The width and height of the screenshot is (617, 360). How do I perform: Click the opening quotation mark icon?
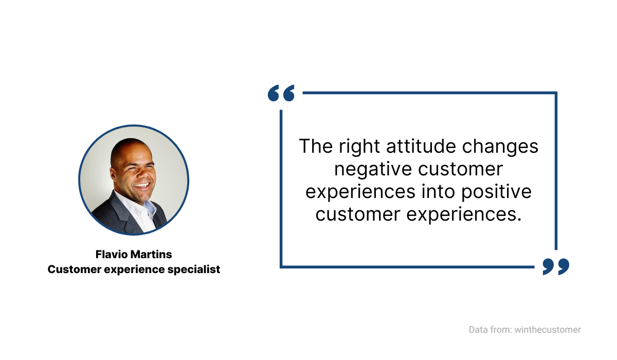[x=281, y=93]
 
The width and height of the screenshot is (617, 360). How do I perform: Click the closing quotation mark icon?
[x=556, y=266]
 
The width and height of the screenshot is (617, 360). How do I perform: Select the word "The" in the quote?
[x=316, y=146]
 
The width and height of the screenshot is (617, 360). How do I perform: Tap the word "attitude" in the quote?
[x=421, y=146]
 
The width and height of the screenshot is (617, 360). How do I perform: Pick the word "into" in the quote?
[x=438, y=191]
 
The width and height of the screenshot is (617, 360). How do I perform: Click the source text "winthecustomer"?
[x=548, y=330]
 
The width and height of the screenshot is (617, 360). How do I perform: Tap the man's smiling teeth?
[x=142, y=185]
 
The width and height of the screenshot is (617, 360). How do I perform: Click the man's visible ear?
[x=113, y=174]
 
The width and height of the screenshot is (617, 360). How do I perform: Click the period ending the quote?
[x=519, y=220]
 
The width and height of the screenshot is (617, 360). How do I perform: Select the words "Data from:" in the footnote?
[x=491, y=330]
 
